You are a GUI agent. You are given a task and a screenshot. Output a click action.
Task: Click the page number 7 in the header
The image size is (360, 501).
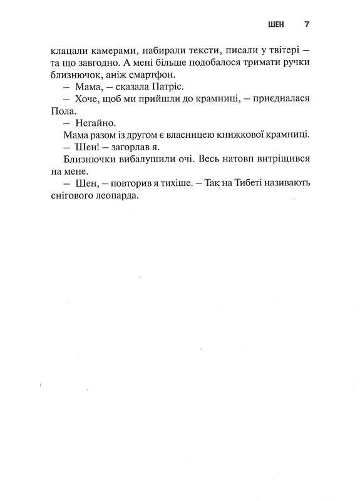(307, 24)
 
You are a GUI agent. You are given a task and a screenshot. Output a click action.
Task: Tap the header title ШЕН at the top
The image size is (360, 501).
(275, 24)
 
